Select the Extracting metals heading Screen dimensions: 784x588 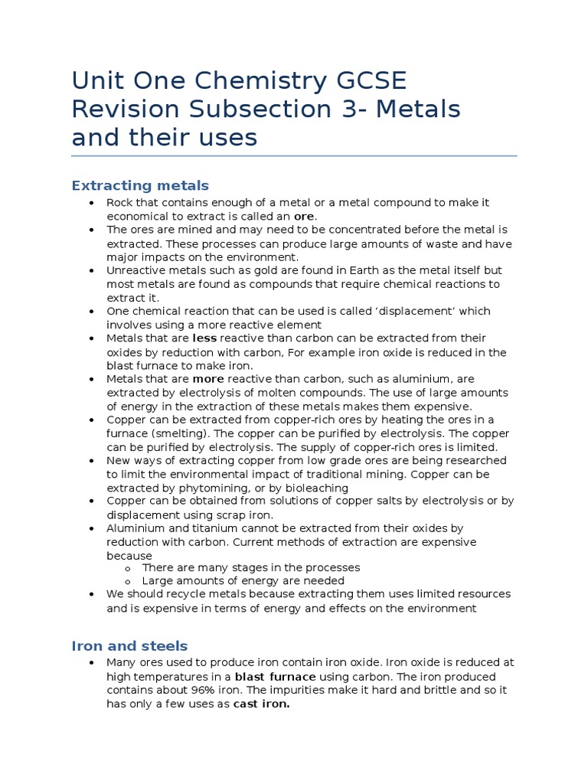coord(140,185)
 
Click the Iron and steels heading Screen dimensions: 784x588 coord(129,645)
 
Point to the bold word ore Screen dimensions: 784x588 coord(305,216)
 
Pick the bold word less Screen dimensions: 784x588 coord(204,338)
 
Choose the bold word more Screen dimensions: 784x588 coord(207,379)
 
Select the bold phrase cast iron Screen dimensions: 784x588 coord(261,704)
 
